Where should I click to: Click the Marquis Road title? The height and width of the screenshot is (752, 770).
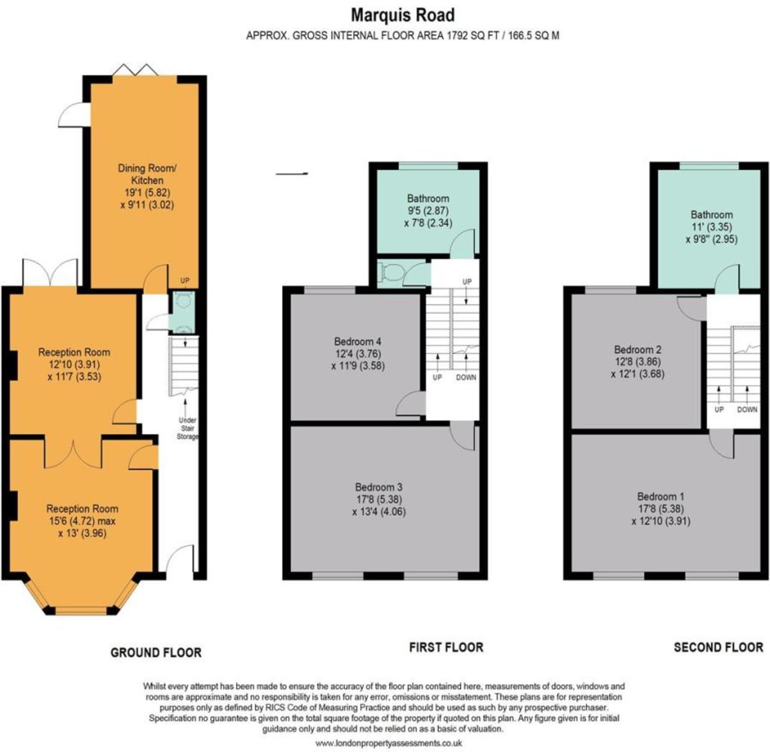(x=402, y=14)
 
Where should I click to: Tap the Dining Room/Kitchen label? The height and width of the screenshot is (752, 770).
(x=146, y=174)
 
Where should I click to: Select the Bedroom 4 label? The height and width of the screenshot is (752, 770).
(x=357, y=341)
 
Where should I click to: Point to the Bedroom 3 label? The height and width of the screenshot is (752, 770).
(x=379, y=487)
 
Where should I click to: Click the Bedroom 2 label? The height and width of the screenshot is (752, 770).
(x=637, y=349)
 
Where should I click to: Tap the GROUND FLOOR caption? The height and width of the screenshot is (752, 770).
(x=156, y=653)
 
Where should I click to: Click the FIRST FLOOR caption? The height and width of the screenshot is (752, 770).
(x=446, y=648)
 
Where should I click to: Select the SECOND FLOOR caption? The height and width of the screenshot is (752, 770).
(x=718, y=648)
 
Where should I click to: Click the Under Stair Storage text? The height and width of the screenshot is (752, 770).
(x=187, y=428)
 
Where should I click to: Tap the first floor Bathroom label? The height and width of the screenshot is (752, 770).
(x=427, y=199)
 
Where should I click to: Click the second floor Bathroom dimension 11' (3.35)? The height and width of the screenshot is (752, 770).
(x=711, y=227)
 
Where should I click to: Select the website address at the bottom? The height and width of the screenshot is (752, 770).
(x=389, y=743)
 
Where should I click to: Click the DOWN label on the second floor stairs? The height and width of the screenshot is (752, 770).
(x=747, y=409)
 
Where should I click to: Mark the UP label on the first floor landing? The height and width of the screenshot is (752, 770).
(x=466, y=282)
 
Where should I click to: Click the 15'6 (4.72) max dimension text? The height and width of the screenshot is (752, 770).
(x=82, y=521)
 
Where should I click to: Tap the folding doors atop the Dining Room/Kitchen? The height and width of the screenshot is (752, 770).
(x=135, y=70)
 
